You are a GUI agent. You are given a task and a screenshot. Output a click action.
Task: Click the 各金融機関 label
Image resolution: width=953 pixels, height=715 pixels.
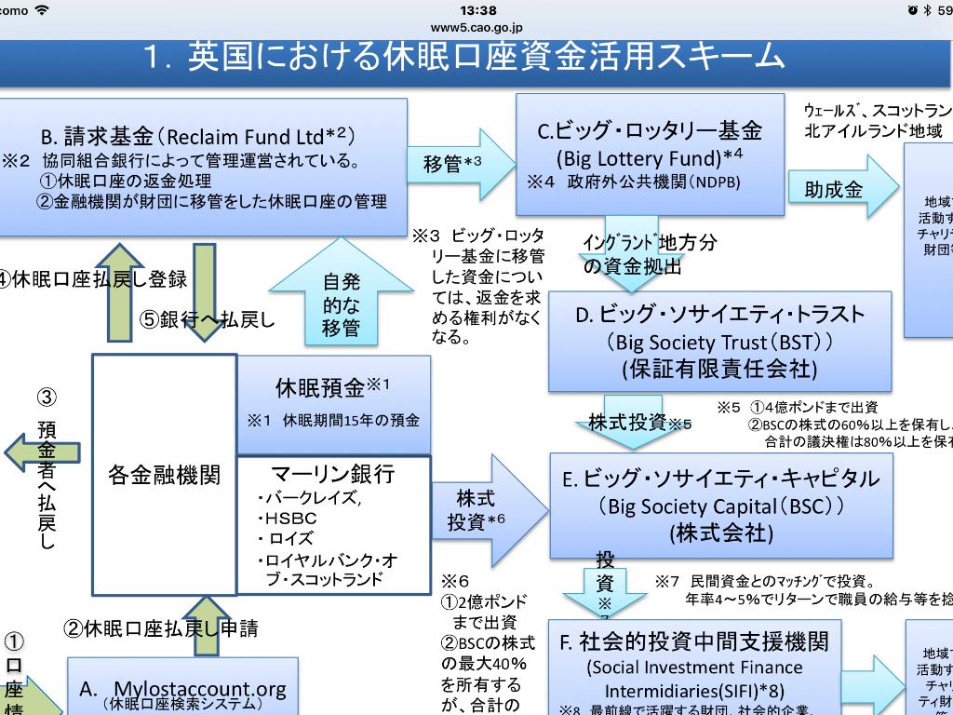coord(165,475)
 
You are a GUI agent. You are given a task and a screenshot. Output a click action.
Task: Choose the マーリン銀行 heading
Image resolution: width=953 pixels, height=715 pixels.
coord(333,474)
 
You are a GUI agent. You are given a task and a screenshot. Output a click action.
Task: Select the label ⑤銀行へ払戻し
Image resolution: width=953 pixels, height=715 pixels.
coord(208,319)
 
